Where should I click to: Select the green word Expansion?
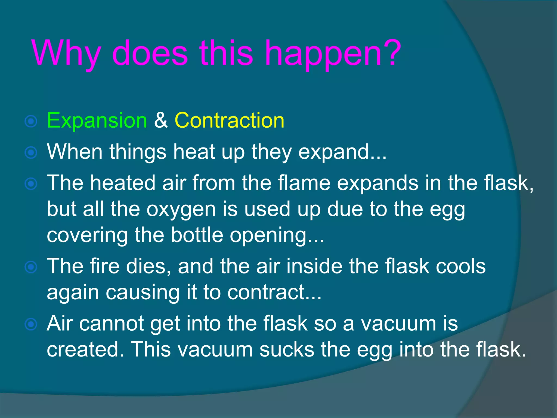[x=97, y=120]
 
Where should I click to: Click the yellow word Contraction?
[x=229, y=120]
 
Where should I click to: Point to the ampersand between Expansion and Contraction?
[x=161, y=120]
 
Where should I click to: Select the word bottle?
[x=197, y=235]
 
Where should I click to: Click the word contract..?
[x=266, y=292]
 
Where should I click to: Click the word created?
[x=83, y=349]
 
